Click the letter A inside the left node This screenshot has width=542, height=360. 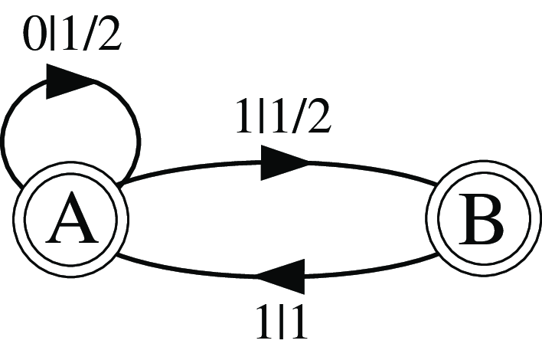[x=71, y=218]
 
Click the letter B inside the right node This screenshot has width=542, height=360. [x=481, y=218]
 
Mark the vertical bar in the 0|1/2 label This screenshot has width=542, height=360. [x=53, y=34]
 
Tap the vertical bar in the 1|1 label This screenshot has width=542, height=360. [x=282, y=321]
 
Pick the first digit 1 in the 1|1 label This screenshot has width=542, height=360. [x=265, y=321]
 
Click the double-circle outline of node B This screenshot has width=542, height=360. [x=483, y=218]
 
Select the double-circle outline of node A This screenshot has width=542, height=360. [x=71, y=218]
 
